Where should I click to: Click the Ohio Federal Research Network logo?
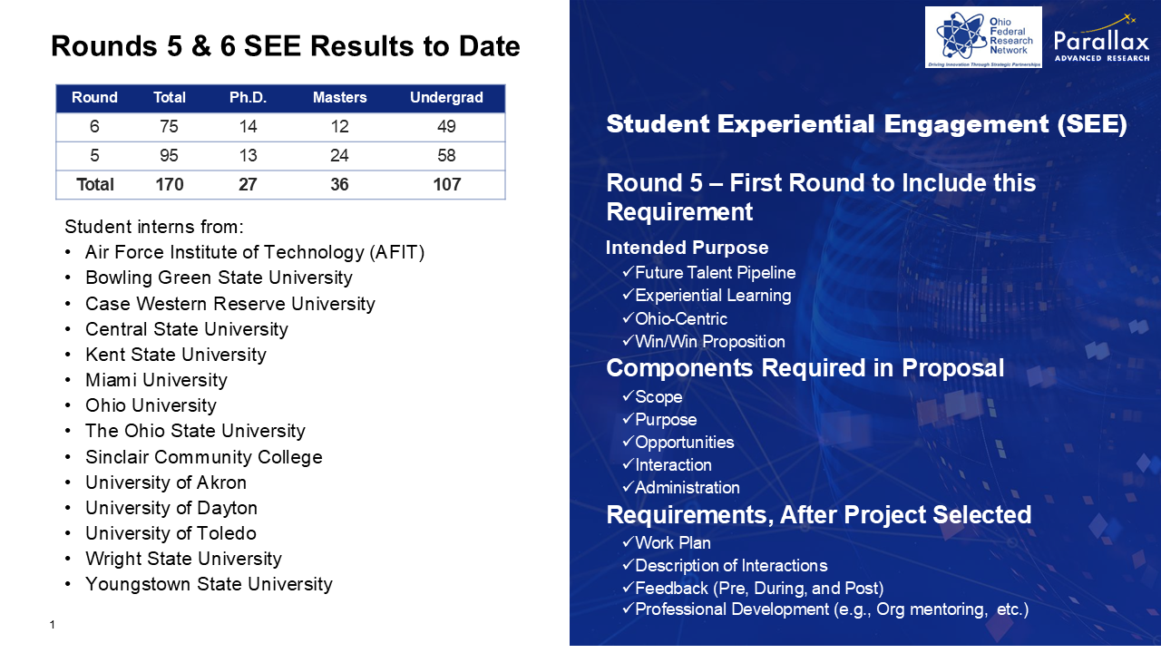983,37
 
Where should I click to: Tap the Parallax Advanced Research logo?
1101,38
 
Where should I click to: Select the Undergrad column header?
446,97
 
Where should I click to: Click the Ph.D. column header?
248,97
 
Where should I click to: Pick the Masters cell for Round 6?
339,126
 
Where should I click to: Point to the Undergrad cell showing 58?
446,155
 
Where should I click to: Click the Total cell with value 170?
170,184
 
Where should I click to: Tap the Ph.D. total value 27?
248,184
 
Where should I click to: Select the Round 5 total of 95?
169,155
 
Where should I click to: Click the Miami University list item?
156,380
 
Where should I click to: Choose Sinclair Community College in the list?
204,456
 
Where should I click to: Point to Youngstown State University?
209,584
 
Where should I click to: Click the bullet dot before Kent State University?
68,355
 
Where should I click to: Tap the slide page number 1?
53,625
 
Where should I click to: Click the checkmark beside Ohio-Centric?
629,317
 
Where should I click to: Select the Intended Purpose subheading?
687,248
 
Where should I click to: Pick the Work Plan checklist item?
666,542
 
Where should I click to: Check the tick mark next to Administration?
629,487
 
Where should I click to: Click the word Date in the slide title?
489,46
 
